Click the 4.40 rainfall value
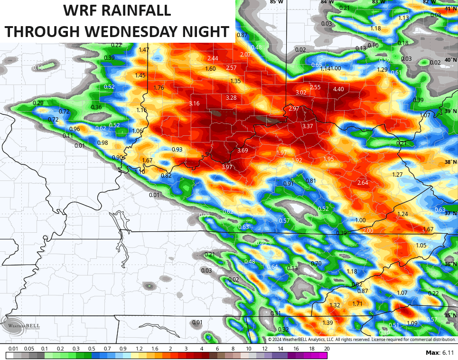[x=338, y=89]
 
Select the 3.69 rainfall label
[x=243, y=151]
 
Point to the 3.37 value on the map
[x=307, y=126]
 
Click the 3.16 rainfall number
[x=194, y=104]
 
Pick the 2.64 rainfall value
[x=363, y=183]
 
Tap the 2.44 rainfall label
[x=213, y=58]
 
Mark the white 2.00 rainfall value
[x=368, y=231]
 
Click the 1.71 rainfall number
[x=357, y=303]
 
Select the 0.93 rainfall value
[x=177, y=150]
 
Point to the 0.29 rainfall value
[x=38, y=103]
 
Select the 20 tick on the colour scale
[x=327, y=349]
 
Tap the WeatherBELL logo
[x=20, y=326]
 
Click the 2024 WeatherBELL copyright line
[x=361, y=340]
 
